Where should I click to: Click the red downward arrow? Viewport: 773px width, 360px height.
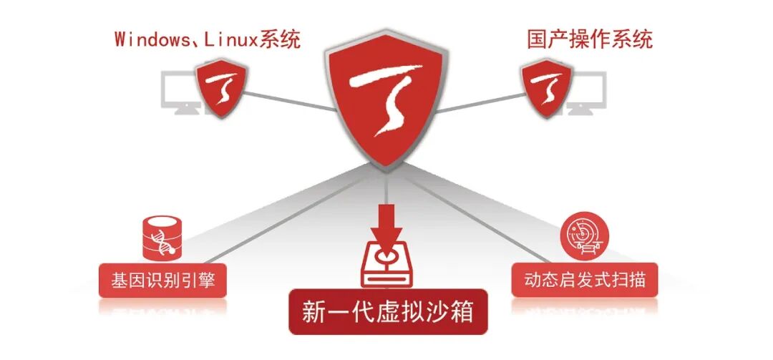[x=386, y=219]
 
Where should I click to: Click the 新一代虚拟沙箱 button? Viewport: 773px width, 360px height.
[x=387, y=312]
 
